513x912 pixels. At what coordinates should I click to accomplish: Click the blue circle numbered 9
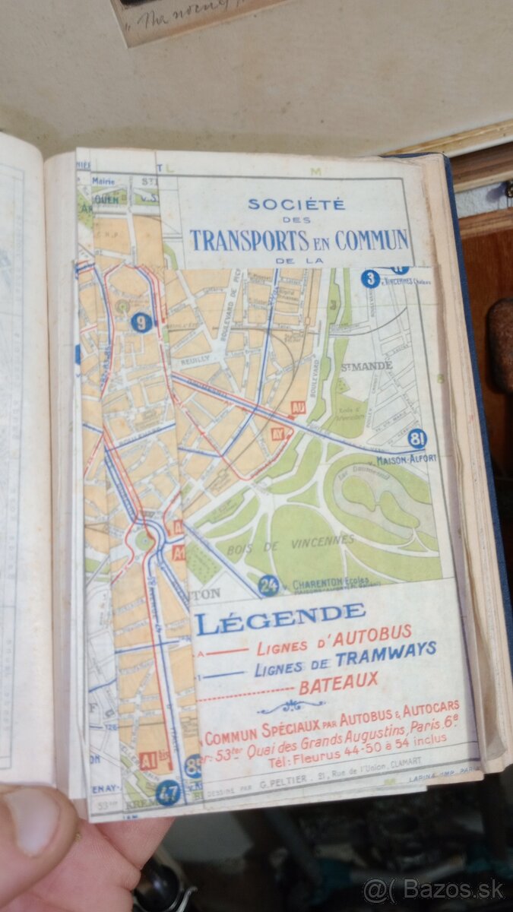click(x=141, y=322)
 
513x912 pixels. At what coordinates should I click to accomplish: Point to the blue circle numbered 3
click(x=370, y=279)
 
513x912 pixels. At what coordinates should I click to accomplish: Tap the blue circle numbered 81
click(x=416, y=439)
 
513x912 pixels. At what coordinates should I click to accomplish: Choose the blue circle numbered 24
click(x=268, y=585)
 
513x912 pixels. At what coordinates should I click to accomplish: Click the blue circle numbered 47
click(x=168, y=793)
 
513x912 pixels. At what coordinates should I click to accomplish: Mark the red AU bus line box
click(x=298, y=408)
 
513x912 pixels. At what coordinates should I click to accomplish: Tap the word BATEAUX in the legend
click(x=337, y=682)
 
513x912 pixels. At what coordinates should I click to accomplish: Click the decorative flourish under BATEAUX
click(x=291, y=707)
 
